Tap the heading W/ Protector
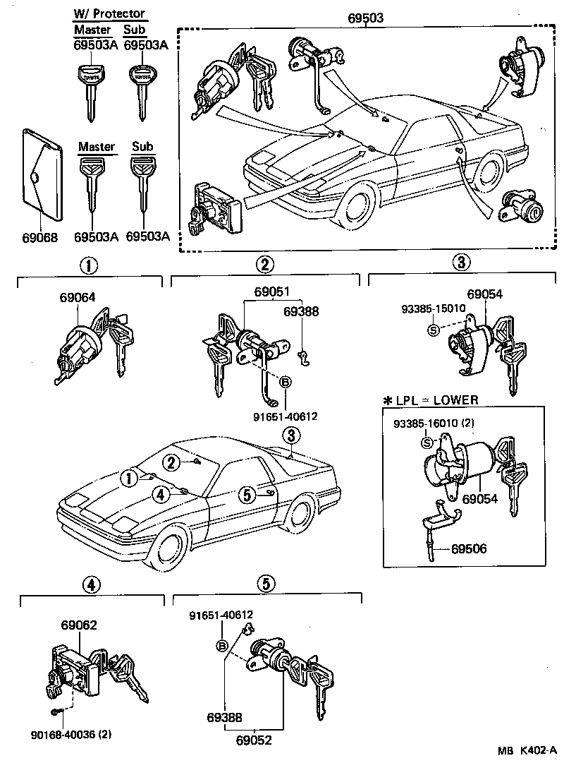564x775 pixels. pos(109,13)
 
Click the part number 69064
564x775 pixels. pos(77,298)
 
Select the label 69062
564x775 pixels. pos(78,625)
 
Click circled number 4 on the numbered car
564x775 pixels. pos(161,495)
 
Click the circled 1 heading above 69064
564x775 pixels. pos(89,265)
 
